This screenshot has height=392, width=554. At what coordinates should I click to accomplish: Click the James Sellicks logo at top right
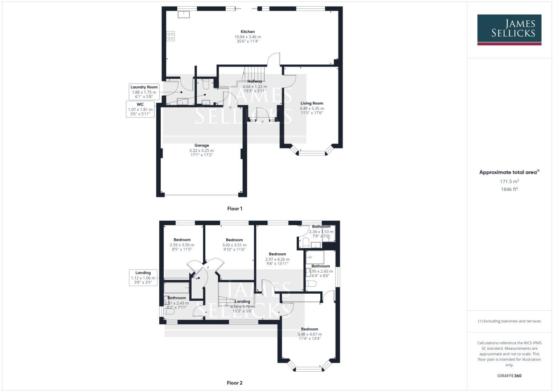coord(509,29)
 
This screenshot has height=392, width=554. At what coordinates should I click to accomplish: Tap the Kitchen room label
coord(248,32)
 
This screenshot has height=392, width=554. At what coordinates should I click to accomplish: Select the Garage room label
coord(201,145)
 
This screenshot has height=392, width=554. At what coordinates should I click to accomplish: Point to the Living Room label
coord(312,103)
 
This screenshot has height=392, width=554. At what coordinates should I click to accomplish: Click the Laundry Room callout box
coord(144,92)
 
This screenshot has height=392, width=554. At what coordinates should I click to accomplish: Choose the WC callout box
coord(140,109)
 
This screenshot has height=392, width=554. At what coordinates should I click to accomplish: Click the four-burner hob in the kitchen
coord(171,36)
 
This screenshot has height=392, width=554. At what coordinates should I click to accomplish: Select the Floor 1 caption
coord(234,209)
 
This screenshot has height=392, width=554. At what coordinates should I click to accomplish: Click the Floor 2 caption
coord(234,383)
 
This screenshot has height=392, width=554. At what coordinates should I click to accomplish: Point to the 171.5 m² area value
coord(509,181)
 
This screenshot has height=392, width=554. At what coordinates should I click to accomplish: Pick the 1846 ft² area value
coord(509,189)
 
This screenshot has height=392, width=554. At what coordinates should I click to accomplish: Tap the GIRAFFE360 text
coord(509,376)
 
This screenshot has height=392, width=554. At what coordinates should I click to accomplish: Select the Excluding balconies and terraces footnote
coord(509,321)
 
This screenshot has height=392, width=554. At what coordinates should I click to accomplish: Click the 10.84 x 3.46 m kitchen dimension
coord(248,37)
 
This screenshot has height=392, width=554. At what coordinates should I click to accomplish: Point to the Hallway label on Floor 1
coord(255,81)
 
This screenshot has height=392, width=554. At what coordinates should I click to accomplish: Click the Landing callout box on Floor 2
coord(143,277)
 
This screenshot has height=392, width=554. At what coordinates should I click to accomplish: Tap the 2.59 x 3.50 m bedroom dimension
coord(182,245)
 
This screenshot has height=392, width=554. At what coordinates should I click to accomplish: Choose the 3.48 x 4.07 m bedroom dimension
coord(309,334)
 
